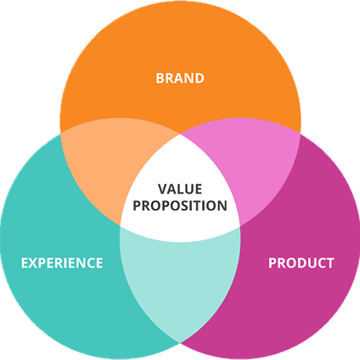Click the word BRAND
180,78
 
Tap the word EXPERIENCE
62,263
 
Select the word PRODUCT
301,263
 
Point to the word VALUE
180,189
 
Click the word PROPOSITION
180,205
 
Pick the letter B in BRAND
160,78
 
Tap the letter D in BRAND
200,78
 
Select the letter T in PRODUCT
329,263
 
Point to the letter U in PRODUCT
310,263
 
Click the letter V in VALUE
163,189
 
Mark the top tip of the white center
180,133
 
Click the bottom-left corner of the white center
121,226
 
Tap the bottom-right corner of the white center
240,226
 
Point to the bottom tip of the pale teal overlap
180,343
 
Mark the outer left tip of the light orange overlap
61,132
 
